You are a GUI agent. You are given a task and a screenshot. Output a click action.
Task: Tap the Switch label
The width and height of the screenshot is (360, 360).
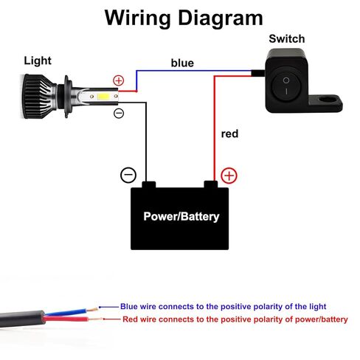pyautogui.click(x=287, y=39)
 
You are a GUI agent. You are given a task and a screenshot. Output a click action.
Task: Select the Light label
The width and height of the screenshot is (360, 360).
pyautogui.click(x=38, y=60)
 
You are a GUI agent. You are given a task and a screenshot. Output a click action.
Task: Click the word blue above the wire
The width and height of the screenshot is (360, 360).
pyautogui.click(x=182, y=63)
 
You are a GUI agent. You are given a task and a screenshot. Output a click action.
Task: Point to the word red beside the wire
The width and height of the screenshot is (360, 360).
pyautogui.click(x=229, y=134)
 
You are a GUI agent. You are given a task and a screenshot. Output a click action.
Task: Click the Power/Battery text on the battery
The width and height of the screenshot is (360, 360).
pyautogui.click(x=181, y=217)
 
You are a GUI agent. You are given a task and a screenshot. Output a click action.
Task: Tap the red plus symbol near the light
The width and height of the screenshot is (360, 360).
pyautogui.click(x=119, y=80)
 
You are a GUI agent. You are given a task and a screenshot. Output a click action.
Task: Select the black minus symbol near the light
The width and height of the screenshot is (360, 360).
pyautogui.click(x=119, y=113)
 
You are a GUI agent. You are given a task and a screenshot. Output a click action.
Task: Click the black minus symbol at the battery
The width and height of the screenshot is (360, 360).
pyautogui.click(x=128, y=175)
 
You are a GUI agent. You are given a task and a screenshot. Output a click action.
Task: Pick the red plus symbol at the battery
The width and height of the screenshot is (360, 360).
pyautogui.click(x=229, y=176)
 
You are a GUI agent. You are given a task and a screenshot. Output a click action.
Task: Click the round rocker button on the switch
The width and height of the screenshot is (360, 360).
pyautogui.click(x=285, y=86)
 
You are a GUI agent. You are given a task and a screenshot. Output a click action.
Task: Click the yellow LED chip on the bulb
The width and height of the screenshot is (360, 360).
pyautogui.click(x=103, y=97)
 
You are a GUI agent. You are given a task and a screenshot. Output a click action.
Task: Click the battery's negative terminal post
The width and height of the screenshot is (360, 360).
pyautogui.click(x=149, y=184)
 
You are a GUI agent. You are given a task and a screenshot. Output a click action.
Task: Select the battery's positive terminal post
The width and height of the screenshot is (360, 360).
pyautogui.click(x=211, y=184)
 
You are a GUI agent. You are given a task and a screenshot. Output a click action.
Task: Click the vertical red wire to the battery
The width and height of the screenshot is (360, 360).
pyautogui.click(x=214, y=128)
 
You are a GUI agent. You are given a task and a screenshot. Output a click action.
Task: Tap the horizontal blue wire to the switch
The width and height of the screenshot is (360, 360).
pyautogui.click(x=194, y=72)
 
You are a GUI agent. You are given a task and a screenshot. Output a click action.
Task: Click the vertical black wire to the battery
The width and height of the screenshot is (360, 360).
pyautogui.click(x=146, y=142)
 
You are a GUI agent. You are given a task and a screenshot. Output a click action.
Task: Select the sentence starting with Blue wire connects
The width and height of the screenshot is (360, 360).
pyautogui.click(x=223, y=307)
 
